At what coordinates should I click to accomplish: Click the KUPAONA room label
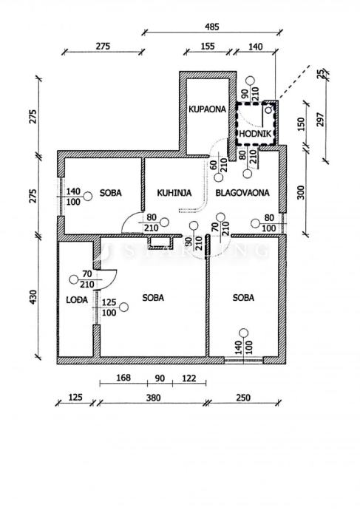tap(207, 109)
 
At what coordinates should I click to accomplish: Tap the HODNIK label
tap(255, 134)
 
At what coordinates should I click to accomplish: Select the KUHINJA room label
tap(174, 193)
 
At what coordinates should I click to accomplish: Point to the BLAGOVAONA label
tap(242, 193)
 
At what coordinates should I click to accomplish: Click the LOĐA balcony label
tap(77, 300)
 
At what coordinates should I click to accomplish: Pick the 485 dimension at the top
tap(211, 27)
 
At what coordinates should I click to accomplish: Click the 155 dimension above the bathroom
tap(208, 46)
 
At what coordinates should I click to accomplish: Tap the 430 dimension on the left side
tap(33, 297)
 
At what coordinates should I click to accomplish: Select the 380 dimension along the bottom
tap(153, 398)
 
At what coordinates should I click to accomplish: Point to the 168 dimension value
tap(123, 378)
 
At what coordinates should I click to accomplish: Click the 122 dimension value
tap(189, 378)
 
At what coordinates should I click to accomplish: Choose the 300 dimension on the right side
tap(301, 193)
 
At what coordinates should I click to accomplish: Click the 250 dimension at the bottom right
tap(243, 398)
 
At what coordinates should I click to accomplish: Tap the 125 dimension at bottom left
tap(75, 398)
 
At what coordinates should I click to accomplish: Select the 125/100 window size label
tap(109, 307)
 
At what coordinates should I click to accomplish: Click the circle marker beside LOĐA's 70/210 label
tap(74, 279)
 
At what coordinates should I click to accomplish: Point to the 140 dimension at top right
tap(255, 47)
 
